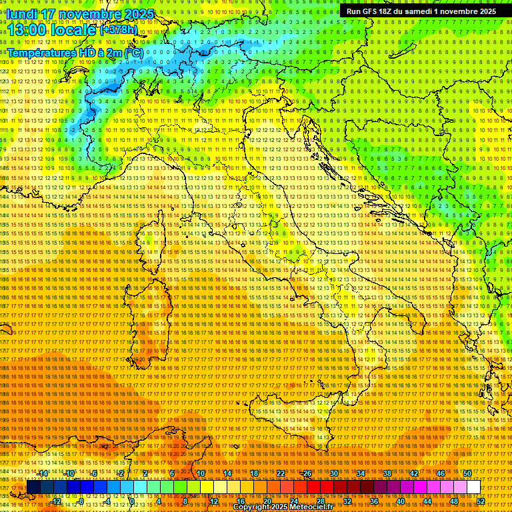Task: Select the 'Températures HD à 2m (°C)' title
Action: coord(75,52)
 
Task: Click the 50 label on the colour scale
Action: coord(467,473)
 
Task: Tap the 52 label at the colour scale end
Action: coord(481,501)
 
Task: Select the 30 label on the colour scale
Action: coord(334,473)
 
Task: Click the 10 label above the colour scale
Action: coord(201,473)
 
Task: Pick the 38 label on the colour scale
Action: coord(387,473)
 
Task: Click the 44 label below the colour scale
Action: coord(427,501)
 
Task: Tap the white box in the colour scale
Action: coord(473,487)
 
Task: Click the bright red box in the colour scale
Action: coord(313,487)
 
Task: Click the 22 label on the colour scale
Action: coord(281,473)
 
